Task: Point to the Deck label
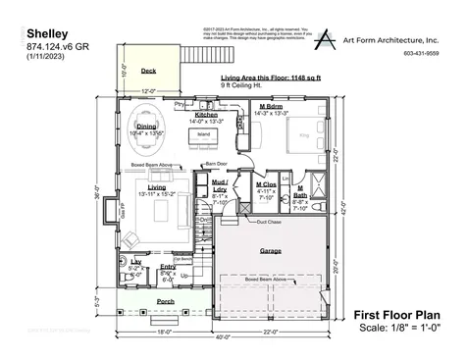(148, 72)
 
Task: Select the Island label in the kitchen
(204, 133)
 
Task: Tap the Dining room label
(146, 127)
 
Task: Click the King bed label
(302, 129)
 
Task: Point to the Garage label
(271, 251)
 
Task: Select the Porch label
(166, 301)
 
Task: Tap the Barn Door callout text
(216, 164)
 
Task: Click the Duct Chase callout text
(269, 223)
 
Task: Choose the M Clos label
(266, 184)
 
